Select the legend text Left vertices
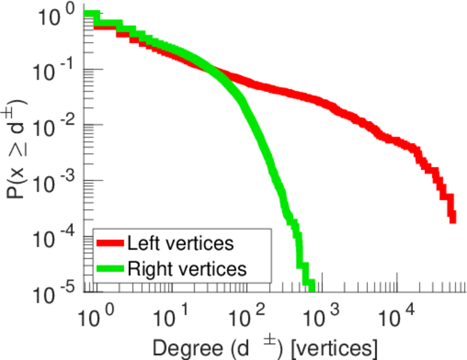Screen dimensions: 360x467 180,244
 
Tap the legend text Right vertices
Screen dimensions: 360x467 187,269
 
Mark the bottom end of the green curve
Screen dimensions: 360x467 310,283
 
